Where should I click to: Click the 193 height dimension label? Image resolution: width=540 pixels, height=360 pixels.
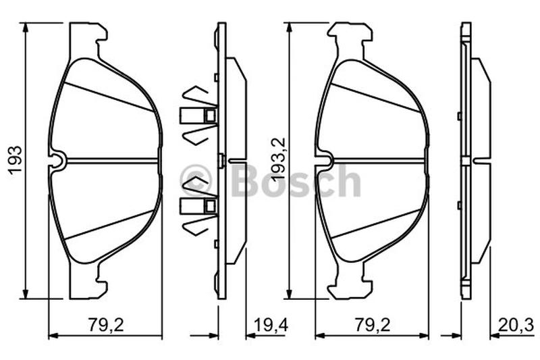pyautogui.click(x=16, y=161)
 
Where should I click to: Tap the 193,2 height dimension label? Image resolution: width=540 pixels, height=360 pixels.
pyautogui.click(x=279, y=159)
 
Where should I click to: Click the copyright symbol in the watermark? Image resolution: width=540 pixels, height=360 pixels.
pyautogui.click(x=195, y=180)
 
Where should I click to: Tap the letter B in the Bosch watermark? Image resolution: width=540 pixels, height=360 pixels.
pyautogui.click(x=245, y=180)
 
